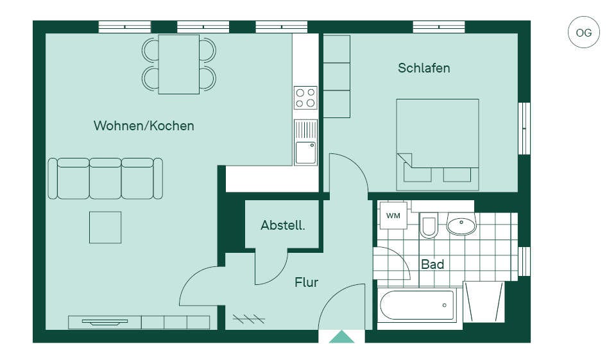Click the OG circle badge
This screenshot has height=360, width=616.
point(583,32)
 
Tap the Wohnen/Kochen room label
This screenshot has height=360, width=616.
point(144,126)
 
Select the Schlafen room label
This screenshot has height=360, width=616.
point(424,68)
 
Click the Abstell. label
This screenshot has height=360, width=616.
point(283,225)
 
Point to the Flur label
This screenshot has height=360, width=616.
point(307,282)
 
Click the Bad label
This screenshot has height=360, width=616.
point(432,264)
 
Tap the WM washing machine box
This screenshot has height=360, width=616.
point(393,216)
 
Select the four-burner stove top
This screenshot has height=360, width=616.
point(305,98)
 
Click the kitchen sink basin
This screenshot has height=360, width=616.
point(305,153)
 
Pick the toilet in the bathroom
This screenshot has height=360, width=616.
point(429,225)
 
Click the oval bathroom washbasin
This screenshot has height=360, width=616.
point(461,225)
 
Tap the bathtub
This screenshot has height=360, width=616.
point(417,305)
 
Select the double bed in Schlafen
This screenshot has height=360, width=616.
point(438,144)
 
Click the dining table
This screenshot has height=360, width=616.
point(179,64)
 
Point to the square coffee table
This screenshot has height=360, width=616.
point(105,228)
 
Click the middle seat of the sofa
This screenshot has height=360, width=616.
point(105,178)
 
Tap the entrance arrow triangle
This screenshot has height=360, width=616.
point(341,337)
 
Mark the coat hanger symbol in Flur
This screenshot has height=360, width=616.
point(249,318)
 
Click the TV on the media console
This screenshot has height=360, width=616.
point(105,322)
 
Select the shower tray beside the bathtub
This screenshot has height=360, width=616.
point(484,302)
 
